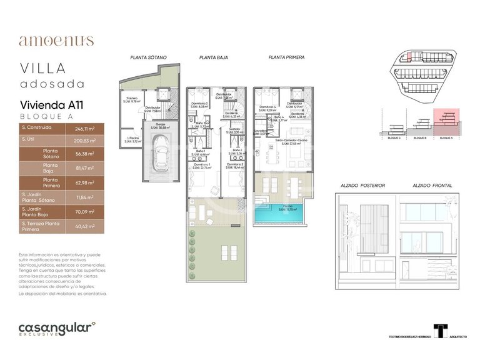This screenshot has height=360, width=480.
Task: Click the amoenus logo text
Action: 56,41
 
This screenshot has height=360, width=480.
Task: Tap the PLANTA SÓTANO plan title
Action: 148,57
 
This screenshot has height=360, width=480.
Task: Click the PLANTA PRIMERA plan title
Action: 286,57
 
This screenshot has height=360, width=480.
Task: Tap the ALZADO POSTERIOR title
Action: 362,186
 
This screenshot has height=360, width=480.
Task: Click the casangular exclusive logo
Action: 56,328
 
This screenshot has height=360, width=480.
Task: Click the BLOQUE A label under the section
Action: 447,137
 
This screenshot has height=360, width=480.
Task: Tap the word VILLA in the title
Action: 43,68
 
